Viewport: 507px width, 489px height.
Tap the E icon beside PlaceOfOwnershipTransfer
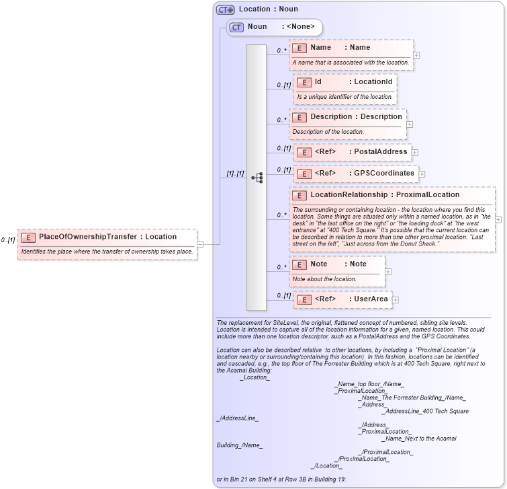28,237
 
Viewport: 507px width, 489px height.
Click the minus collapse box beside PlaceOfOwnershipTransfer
199,244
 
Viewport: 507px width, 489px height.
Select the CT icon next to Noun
236,28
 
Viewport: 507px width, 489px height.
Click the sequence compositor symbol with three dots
257,178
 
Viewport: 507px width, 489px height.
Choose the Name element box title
320,48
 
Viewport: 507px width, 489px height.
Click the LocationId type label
373,82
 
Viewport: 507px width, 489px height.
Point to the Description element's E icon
299,117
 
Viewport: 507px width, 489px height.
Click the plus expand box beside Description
410,124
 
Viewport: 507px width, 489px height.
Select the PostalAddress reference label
380,152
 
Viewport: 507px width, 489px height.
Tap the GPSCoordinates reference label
383,174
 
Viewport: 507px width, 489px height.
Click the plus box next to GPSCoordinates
422,174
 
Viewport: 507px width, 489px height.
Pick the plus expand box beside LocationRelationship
498,219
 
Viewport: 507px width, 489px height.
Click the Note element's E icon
299,264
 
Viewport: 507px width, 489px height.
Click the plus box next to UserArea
396,299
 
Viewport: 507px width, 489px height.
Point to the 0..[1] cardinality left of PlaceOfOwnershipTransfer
8,240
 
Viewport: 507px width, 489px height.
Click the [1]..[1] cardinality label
235,174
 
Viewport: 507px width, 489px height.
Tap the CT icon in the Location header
225,9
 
